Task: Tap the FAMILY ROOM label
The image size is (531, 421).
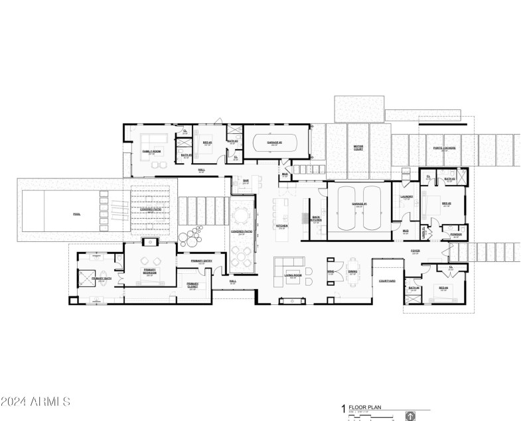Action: [x=152, y=152]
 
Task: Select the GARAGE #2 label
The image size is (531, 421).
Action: [x=275, y=143]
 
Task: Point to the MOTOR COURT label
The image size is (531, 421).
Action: [x=358, y=147]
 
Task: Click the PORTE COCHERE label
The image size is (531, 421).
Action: [x=444, y=148]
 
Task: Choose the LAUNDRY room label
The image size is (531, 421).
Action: [x=407, y=197]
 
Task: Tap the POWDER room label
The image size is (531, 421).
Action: [x=456, y=234]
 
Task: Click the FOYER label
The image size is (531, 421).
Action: [x=415, y=251]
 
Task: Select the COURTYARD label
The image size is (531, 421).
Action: [x=387, y=280]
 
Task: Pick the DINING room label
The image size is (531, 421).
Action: [x=352, y=271]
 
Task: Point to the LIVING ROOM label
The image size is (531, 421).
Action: [x=293, y=276]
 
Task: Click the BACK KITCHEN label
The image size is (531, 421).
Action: [x=316, y=219]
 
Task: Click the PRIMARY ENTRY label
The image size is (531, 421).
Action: [x=200, y=261]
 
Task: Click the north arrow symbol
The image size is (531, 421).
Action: [x=410, y=416]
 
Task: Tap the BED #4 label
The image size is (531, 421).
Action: [x=443, y=288]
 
